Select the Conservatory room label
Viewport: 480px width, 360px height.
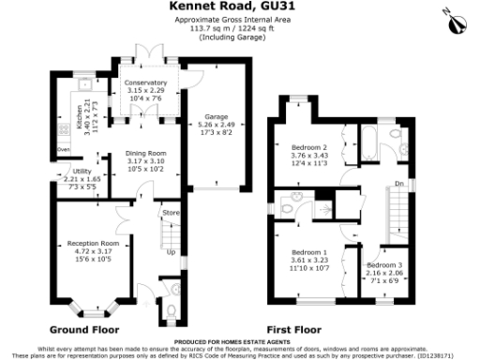145,83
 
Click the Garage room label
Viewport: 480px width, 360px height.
216,117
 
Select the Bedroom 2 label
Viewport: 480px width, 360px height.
308,148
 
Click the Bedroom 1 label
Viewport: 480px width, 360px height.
308,254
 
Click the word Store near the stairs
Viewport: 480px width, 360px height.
170,214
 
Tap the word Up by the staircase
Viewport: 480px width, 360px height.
171,252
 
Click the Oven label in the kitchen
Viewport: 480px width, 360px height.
64,149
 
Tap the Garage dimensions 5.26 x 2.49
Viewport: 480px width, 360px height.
216,126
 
